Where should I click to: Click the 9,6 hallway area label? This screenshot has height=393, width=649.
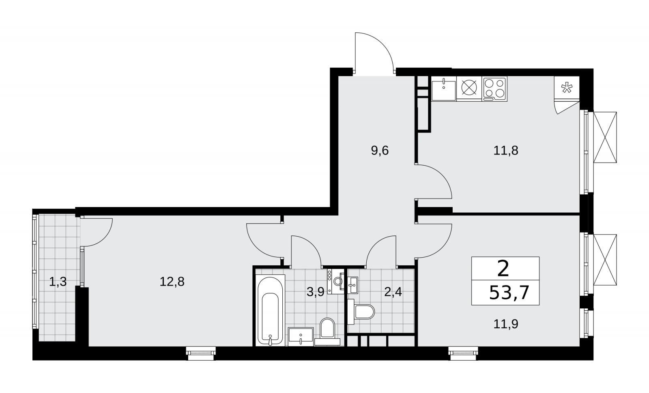(380, 151)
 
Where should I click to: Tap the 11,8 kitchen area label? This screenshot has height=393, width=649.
(505, 151)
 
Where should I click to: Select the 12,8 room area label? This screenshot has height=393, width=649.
(172, 282)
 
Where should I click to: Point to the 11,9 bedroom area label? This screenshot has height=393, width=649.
(505, 324)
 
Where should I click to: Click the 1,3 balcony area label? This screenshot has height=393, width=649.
(58, 282)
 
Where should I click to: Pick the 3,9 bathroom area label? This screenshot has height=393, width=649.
(315, 292)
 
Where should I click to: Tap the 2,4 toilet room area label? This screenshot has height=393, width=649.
(393, 292)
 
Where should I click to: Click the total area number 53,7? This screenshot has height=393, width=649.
(509, 293)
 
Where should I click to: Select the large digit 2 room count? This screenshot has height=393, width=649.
(503, 268)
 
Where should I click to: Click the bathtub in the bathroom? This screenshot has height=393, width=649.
(270, 310)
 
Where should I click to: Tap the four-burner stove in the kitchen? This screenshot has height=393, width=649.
(494, 89)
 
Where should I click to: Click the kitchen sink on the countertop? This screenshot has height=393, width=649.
(444, 89)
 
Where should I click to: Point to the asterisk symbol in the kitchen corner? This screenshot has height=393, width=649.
(566, 88)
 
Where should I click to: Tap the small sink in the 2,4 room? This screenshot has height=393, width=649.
(353, 285)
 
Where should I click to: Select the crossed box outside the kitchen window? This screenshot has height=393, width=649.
(605, 137)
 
